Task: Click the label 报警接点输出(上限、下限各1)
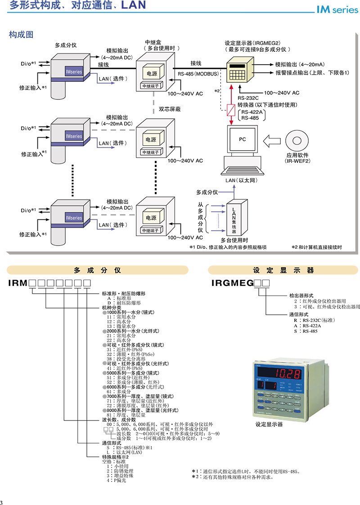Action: pyautogui.click(x=312, y=72)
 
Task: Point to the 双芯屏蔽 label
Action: pyautogui.click(x=170, y=108)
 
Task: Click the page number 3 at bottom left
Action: pyautogui.click(x=2, y=503)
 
